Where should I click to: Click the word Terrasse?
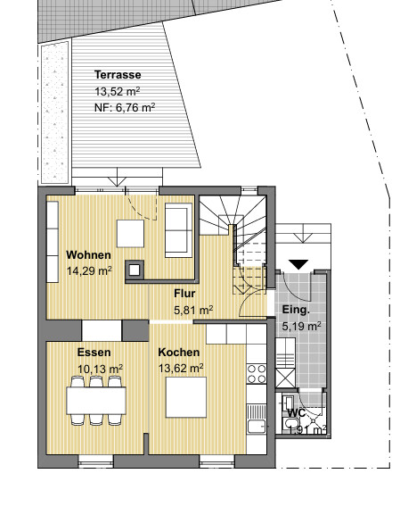[x=118, y=75]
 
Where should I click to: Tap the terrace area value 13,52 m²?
[x=118, y=91]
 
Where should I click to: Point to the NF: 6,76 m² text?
[x=125, y=106]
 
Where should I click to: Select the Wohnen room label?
[x=88, y=254]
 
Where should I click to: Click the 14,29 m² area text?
[x=89, y=270]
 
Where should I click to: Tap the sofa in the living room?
[x=177, y=229]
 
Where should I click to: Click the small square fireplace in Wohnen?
[x=135, y=269]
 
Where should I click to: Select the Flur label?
[x=184, y=294]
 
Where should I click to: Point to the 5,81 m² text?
[x=193, y=310]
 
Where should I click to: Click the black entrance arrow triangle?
[x=298, y=264]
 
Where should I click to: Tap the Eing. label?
[x=296, y=311]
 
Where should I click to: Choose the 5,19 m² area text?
[x=301, y=327]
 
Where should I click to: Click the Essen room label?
[x=94, y=352]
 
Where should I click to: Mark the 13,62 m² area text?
[x=181, y=367]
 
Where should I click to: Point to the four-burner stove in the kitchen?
[x=257, y=373]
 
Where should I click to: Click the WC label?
[x=296, y=412]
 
